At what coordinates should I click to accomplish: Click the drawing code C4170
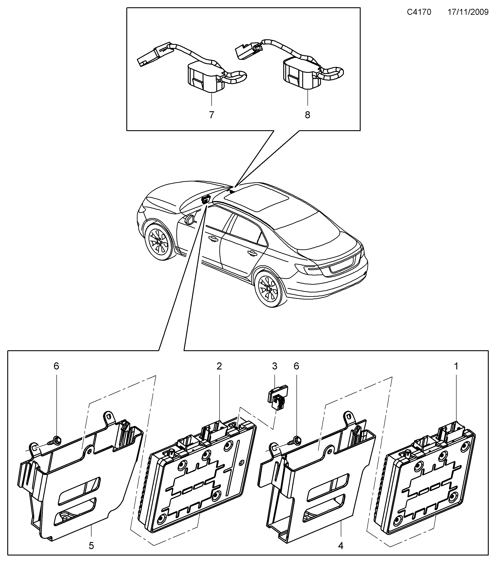(x=419, y=12)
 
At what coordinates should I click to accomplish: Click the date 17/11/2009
(x=468, y=12)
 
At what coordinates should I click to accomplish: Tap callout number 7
(x=211, y=115)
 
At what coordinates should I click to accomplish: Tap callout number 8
(x=308, y=115)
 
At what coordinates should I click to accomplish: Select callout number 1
(x=456, y=366)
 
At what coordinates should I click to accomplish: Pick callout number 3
(x=274, y=366)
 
